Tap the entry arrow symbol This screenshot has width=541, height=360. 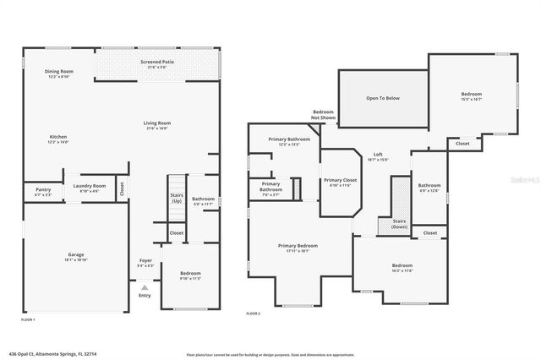(x=145, y=288)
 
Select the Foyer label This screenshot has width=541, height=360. (x=145, y=262)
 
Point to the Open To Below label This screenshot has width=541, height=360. (x=382, y=98)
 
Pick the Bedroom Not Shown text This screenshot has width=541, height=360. (x=324, y=114)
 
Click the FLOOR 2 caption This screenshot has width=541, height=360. (x=254, y=314)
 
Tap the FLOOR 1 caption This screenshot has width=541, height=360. (x=28, y=320)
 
